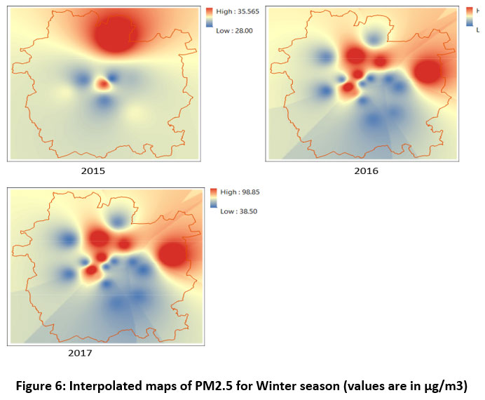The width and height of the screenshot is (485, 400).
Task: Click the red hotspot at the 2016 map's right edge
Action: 427,72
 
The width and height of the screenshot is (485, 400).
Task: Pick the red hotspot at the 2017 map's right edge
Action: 172,254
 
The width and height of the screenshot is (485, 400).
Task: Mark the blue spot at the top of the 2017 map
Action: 119,220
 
